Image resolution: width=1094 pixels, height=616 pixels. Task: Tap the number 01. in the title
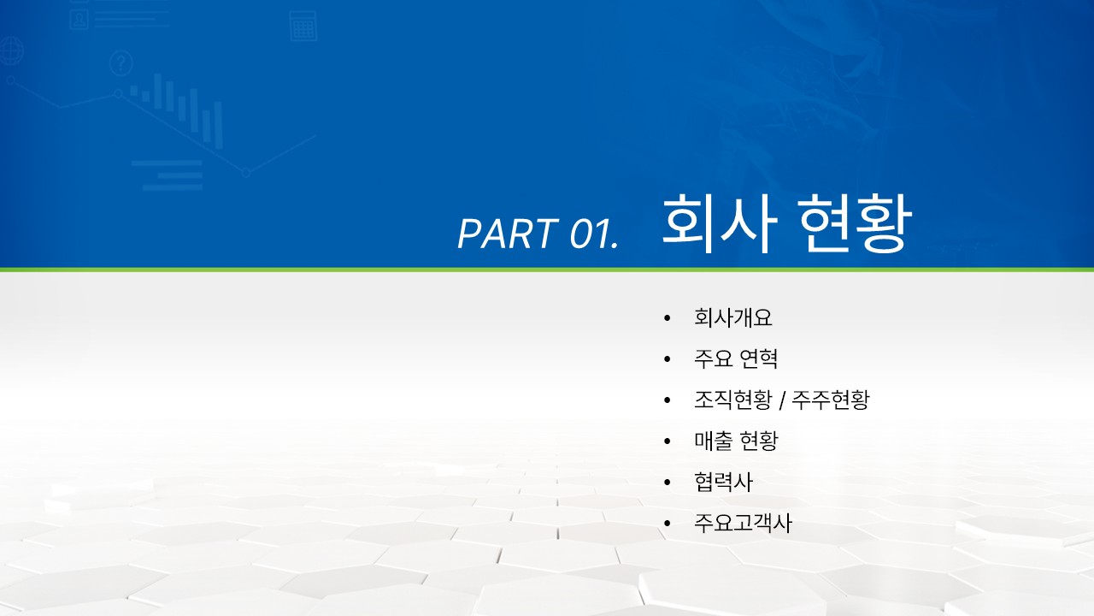point(594,234)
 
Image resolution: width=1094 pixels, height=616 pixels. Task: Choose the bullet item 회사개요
point(733,317)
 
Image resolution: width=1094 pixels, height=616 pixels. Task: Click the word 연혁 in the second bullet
point(759,358)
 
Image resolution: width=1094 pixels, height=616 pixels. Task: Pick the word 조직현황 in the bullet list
point(733,400)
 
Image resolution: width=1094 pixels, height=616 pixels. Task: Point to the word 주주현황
point(831,400)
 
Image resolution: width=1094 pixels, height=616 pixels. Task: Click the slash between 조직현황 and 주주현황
point(782,400)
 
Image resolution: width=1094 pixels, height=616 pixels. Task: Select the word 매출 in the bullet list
point(714,441)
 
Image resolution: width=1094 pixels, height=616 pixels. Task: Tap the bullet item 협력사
point(723,482)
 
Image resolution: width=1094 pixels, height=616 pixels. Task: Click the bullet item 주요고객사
point(743,523)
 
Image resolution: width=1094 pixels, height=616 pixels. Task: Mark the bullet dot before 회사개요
point(668,319)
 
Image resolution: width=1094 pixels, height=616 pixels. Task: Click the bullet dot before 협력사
point(668,483)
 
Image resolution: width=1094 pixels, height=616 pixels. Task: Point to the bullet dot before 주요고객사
point(668,524)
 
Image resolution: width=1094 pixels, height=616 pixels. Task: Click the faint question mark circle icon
point(121,63)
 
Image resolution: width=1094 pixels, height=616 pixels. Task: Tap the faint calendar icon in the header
point(303,26)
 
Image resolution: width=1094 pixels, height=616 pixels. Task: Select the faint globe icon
point(11,50)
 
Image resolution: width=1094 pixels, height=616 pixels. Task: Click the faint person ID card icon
point(79,20)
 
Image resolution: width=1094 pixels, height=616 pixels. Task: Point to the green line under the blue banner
point(547,269)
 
